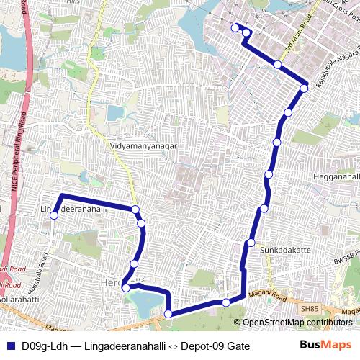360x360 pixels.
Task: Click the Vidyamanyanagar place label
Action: click(143, 145)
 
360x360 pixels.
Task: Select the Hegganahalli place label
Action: click(336, 176)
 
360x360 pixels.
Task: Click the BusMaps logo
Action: click(322, 346)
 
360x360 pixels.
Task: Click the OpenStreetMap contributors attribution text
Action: click(297, 323)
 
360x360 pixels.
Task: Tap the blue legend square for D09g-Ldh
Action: click(9, 346)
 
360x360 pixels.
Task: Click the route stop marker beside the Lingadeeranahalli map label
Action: click(53, 214)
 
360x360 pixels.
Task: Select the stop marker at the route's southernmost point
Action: click(168, 314)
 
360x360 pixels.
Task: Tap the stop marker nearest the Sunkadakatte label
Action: click(251, 242)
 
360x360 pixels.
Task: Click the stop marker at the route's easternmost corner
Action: click(305, 89)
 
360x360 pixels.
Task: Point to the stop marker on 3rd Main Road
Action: click(278, 65)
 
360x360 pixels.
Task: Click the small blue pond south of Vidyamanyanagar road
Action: click(115, 113)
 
